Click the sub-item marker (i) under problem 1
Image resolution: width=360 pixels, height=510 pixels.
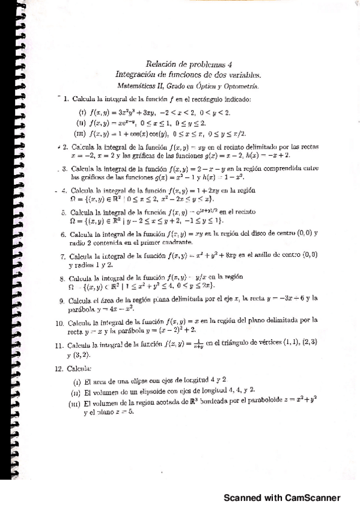[x=83, y=112]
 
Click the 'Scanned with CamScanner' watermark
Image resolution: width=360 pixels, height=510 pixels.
[x=282, y=497]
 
